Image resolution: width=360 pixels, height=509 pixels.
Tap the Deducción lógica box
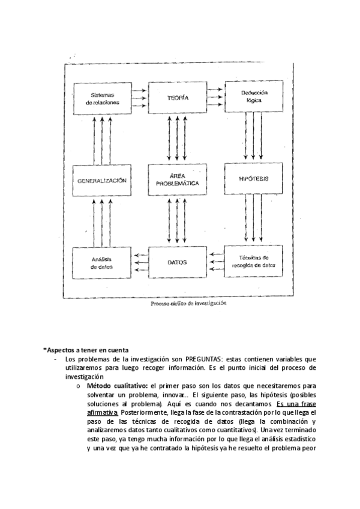tap(254, 97)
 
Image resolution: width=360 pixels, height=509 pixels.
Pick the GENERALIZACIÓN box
tap(102, 180)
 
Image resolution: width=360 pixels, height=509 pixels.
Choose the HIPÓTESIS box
tap(254, 179)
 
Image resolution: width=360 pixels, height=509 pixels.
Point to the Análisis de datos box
tap(102, 262)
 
